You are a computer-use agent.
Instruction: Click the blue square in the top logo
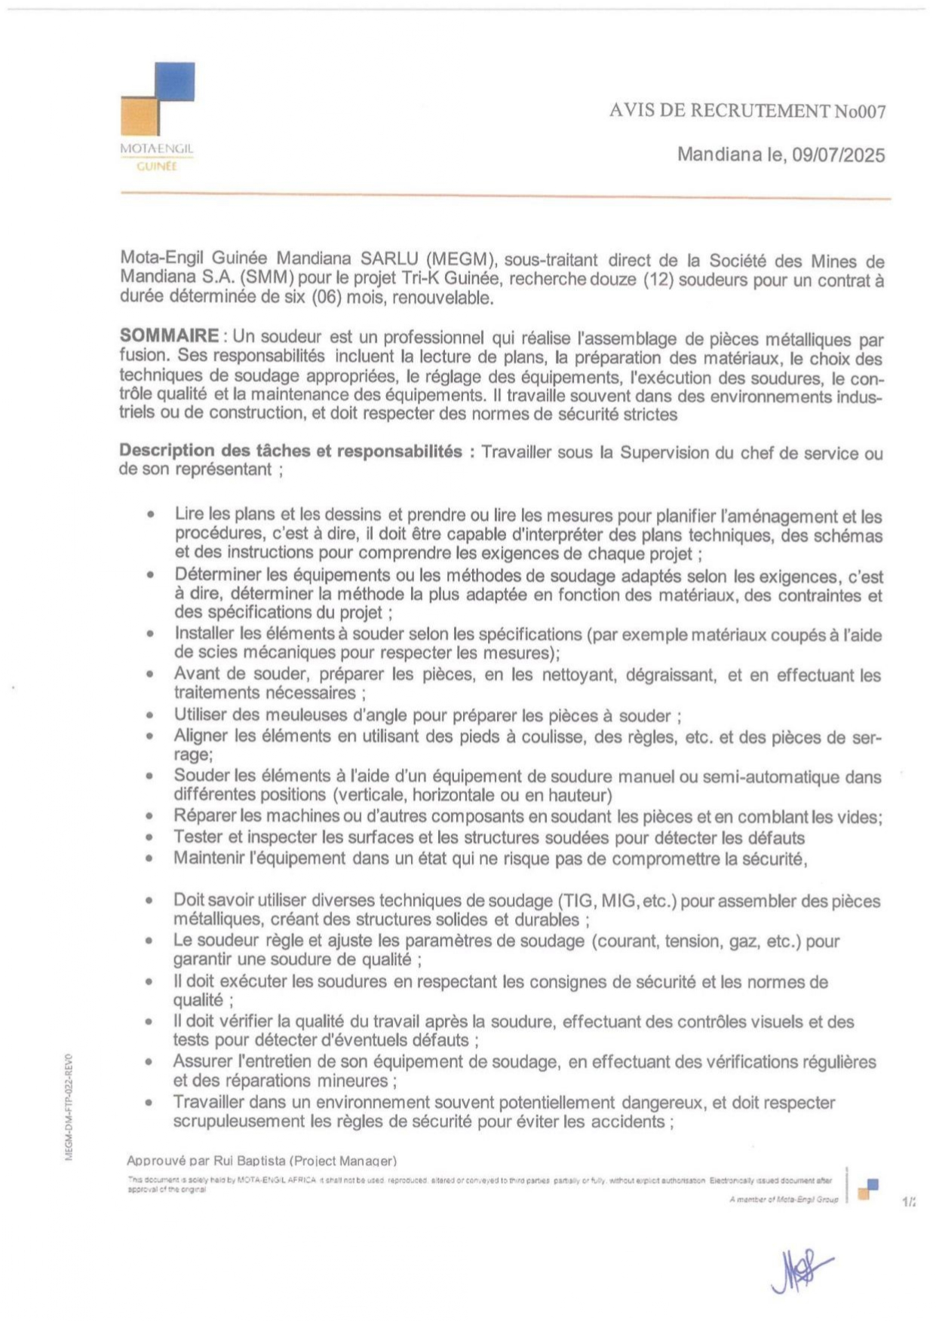tap(174, 81)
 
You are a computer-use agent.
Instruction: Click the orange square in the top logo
tap(140, 117)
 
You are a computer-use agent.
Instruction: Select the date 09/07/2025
tap(838, 155)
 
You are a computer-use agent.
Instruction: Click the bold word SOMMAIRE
tap(169, 336)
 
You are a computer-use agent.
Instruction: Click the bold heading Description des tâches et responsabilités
tap(290, 451)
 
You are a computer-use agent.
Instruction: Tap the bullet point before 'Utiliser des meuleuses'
tap(152, 715)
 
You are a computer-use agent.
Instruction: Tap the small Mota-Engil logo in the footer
tap(867, 1189)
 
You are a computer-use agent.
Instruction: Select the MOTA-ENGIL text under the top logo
tap(156, 149)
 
